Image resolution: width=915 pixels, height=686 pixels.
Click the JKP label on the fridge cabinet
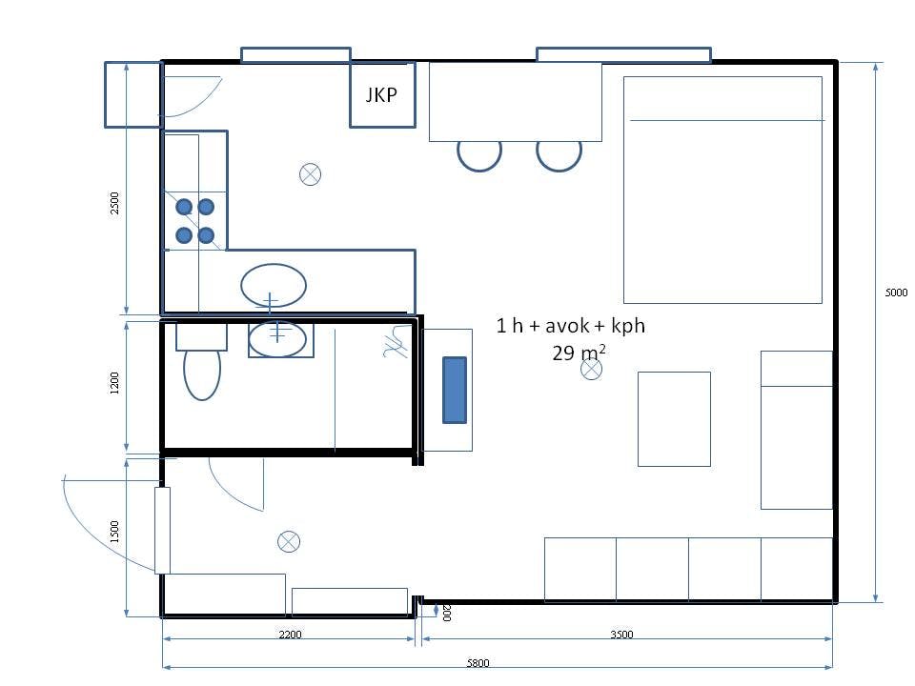coord(381,94)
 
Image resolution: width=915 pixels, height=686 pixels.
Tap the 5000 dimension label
coord(896,293)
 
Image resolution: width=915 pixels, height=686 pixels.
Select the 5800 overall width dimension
coord(478,663)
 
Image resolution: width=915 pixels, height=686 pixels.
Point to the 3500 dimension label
coord(621,635)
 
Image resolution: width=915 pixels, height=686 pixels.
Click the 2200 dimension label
coord(290,635)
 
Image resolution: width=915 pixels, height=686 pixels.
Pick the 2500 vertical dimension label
coord(114,203)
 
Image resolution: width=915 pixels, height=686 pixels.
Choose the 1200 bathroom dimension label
coord(114,383)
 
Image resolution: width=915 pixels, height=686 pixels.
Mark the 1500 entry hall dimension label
coord(114,532)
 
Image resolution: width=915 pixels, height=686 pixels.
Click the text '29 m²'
coord(579,353)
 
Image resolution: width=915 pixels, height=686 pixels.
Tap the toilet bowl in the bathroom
coord(202,373)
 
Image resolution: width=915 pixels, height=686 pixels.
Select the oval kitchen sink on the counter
coord(274,285)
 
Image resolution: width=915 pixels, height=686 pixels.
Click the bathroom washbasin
coord(277,338)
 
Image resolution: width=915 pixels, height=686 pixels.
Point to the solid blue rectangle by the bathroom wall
coord(455,390)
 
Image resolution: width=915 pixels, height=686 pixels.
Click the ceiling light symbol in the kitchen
coord(310,173)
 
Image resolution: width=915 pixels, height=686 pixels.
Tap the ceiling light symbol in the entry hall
coord(288,541)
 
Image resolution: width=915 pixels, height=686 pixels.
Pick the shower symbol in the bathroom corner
coord(395,342)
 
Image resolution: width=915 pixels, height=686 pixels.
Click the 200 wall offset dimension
coord(446,613)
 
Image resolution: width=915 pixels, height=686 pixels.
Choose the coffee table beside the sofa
coord(674,419)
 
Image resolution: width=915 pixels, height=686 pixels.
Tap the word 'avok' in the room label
coord(565,326)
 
